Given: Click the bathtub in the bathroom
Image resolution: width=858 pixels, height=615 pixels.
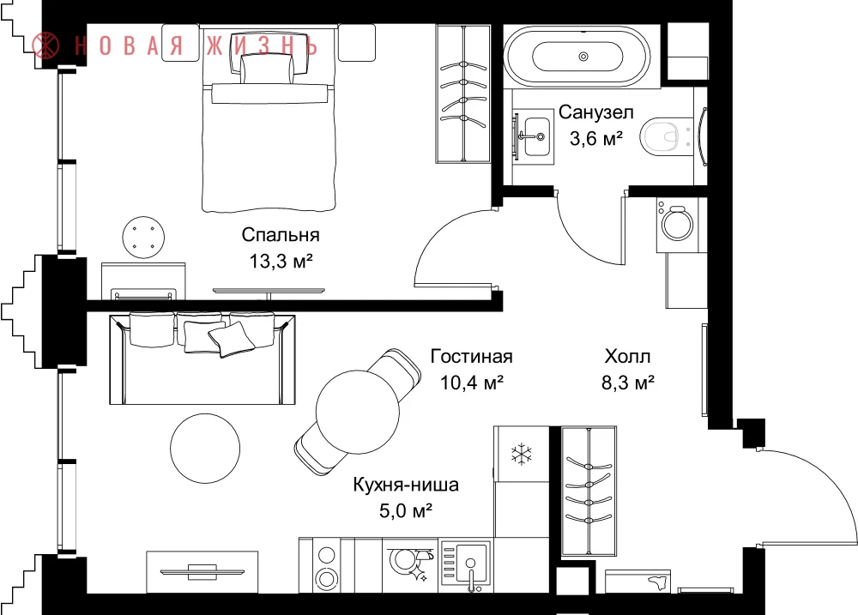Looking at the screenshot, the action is [577, 57].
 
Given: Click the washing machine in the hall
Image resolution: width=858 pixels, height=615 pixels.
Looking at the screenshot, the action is [678, 225].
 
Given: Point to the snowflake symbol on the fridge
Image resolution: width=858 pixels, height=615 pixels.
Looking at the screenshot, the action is [522, 454].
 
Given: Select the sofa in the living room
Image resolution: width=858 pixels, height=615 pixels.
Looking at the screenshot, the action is [202, 359].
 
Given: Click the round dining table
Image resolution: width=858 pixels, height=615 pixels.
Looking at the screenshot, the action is [358, 412].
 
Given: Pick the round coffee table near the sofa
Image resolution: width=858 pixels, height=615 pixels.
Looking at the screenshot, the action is [205, 448].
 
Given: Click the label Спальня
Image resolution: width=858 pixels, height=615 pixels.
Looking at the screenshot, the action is [281, 235].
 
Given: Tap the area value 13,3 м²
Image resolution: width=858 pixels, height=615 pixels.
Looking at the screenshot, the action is [281, 261].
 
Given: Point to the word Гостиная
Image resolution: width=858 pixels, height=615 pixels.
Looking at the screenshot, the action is [471, 356].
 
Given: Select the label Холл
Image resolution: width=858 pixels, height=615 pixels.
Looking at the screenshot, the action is [628, 357].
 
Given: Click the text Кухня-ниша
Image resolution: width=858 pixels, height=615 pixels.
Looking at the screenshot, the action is [406, 485].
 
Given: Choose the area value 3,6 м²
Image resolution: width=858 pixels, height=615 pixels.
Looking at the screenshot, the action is [596, 138].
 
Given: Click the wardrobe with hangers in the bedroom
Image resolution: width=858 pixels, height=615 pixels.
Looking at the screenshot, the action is [463, 93].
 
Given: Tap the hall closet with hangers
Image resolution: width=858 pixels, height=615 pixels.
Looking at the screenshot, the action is [589, 491].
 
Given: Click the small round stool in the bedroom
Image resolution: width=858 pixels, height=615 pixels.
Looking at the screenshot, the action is [143, 237].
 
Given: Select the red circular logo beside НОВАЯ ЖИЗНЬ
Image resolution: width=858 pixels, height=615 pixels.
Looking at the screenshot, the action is [46, 45].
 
